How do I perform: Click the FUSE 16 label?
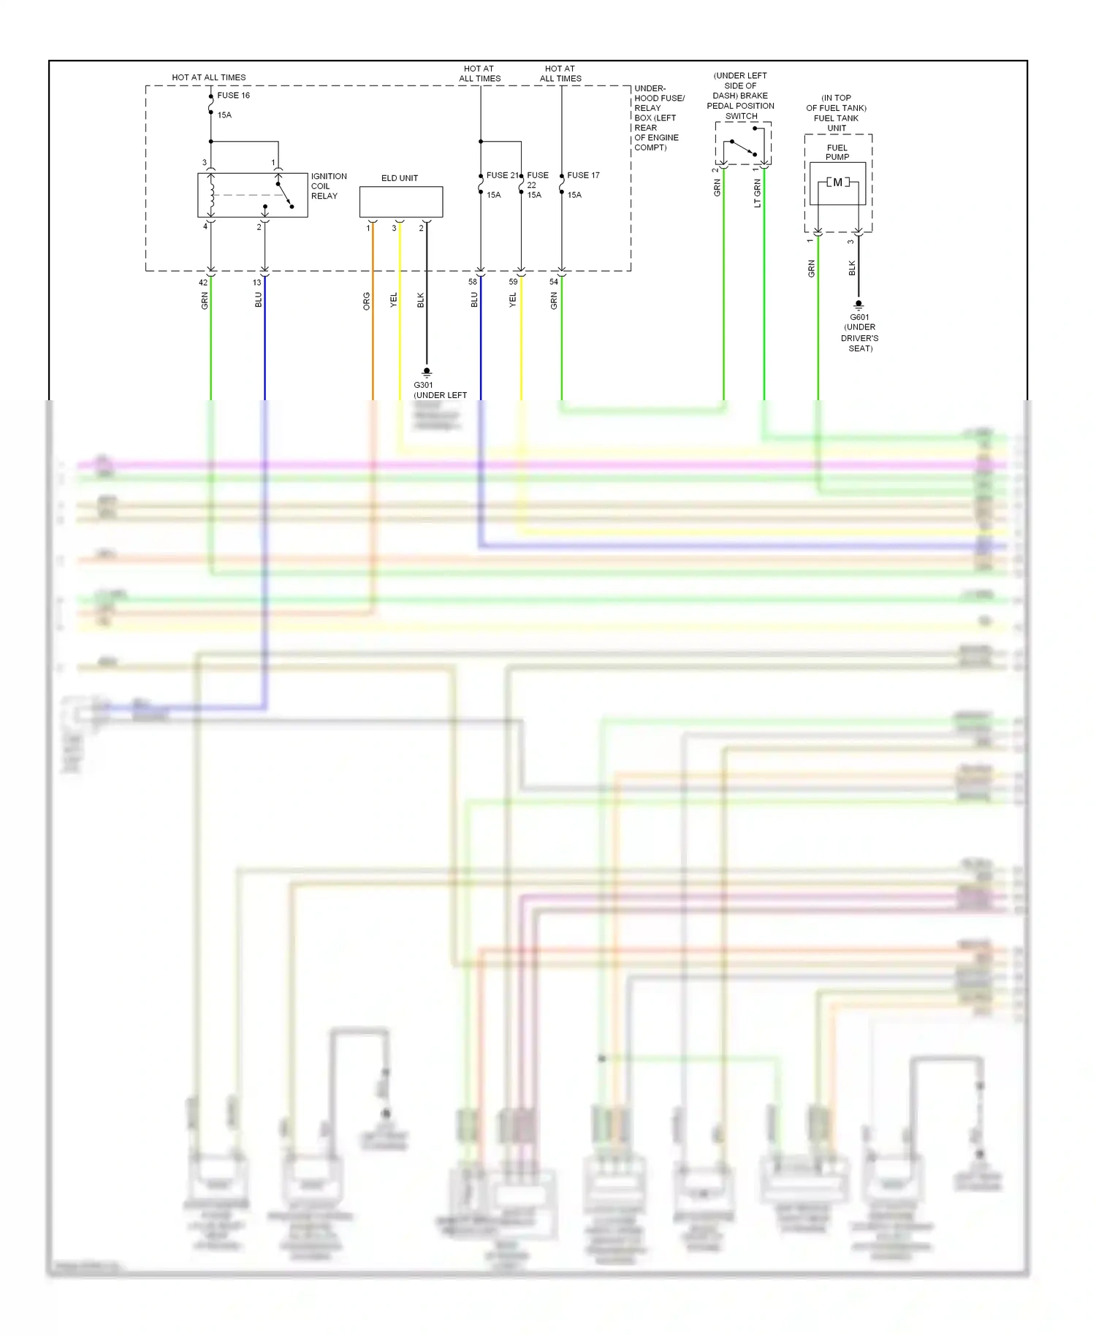233,96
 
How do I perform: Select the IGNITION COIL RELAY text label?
328,186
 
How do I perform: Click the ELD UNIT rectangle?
400,202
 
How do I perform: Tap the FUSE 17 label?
583,175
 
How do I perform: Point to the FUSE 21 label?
502,175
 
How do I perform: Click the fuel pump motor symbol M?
837,183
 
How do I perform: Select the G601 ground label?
859,318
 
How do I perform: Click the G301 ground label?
423,385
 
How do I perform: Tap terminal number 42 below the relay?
203,283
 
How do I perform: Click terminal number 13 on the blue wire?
256,283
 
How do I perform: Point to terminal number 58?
473,282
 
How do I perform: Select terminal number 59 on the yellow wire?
513,282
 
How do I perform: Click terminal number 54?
554,282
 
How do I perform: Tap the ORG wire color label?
367,301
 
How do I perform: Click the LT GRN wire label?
758,194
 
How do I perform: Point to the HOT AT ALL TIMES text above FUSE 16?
208,77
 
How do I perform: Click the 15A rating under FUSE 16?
224,115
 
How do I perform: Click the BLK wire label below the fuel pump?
852,269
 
